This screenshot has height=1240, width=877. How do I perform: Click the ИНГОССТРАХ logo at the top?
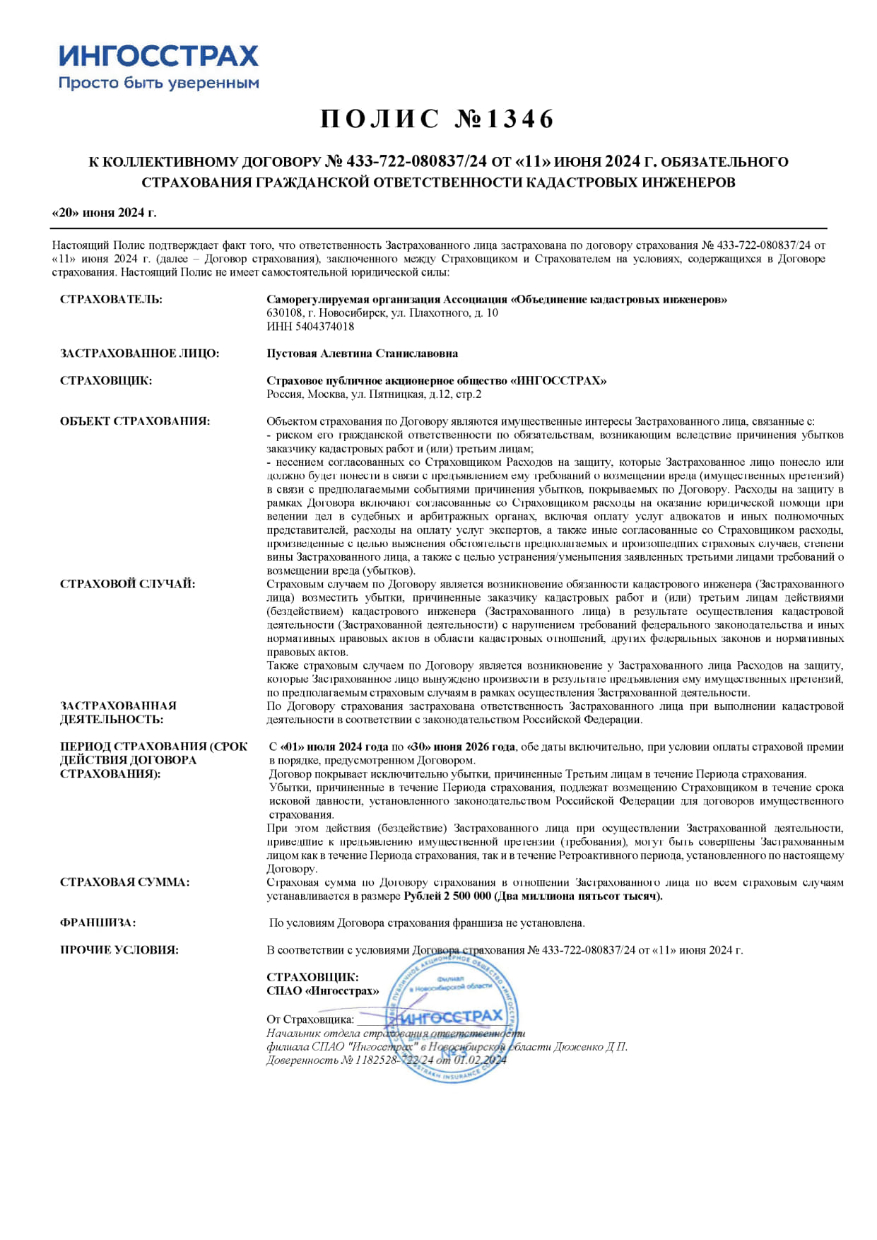point(158,56)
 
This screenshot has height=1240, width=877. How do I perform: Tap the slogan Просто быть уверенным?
point(158,83)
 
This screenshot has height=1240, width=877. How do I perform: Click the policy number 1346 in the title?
point(520,119)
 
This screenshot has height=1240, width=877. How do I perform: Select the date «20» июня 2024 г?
point(105,213)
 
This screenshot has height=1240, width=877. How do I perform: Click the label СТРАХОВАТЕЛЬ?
point(111,300)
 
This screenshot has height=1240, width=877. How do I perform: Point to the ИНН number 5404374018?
point(310,327)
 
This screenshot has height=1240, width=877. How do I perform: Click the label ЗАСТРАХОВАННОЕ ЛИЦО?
point(139,353)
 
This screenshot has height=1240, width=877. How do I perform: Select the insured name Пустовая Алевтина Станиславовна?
point(362,353)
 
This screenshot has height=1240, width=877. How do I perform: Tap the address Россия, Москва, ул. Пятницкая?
point(374,394)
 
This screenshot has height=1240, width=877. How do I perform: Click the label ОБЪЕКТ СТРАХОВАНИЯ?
point(134,421)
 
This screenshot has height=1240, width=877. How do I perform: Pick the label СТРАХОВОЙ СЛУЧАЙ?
point(127,584)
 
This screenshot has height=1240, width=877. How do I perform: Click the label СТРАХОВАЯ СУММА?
point(124,882)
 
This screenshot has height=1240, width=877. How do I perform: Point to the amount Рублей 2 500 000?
point(447,896)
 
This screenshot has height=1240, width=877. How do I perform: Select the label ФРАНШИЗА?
point(98,923)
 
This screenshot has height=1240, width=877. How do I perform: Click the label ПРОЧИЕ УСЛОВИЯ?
point(119,950)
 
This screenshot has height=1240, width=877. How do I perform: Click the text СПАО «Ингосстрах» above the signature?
point(322,991)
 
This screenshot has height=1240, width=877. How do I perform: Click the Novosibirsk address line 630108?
point(382,313)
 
